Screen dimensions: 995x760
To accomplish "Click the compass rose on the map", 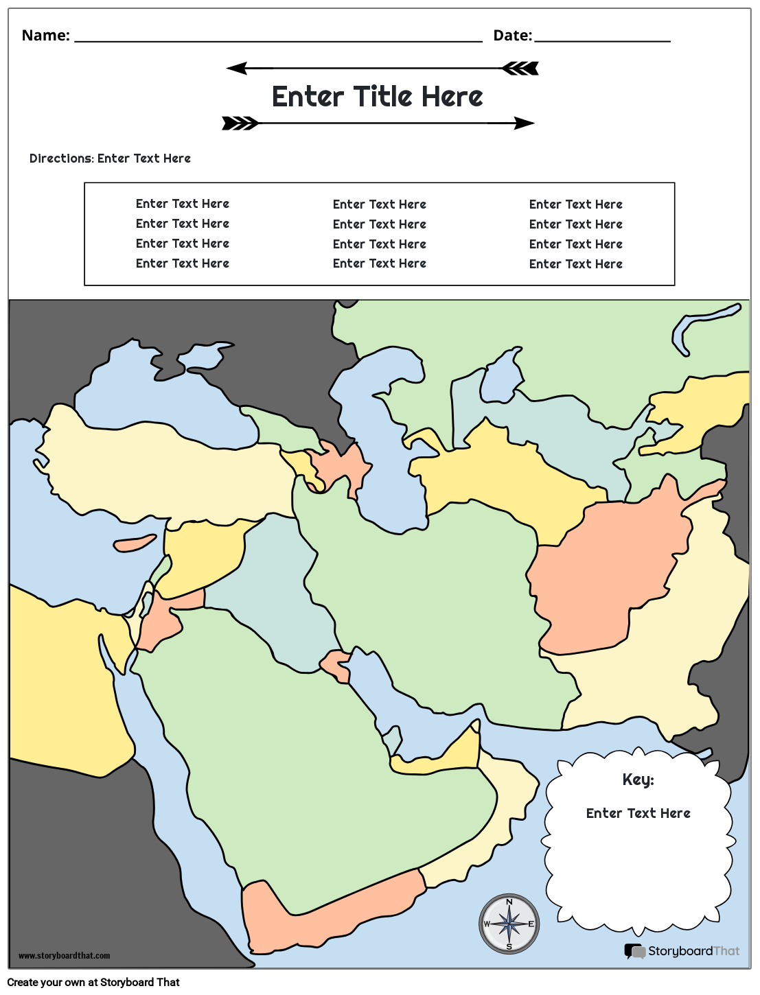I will coord(509,924).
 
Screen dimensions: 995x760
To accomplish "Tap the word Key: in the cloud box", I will coord(638,780).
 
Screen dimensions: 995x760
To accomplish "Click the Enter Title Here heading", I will coord(378,97).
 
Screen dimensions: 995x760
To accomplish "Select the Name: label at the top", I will coord(45,36).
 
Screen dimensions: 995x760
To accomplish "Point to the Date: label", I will coord(512,36).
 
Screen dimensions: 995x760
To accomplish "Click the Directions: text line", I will coord(110,159).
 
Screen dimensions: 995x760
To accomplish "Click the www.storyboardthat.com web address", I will coord(64,956).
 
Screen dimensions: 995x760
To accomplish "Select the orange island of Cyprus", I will coord(135,544).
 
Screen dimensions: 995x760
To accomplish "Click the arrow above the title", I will coord(382,68).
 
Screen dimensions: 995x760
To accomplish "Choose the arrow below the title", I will coord(378,124).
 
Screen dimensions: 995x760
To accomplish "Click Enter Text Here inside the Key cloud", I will coord(638,813).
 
